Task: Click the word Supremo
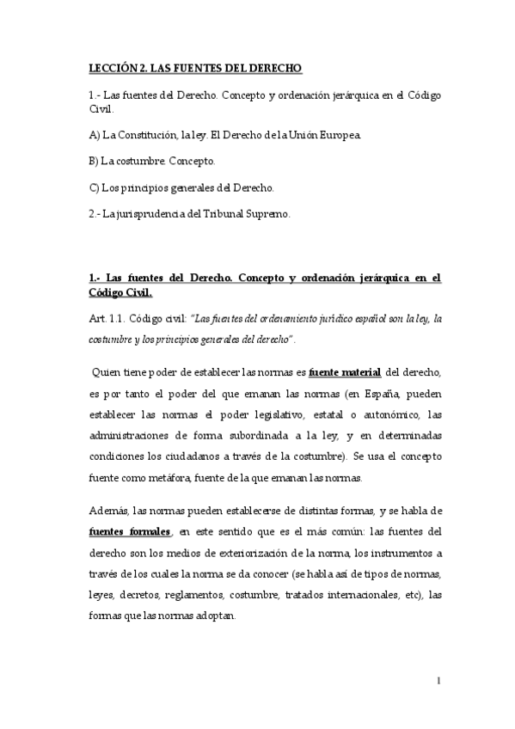tap(269, 214)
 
